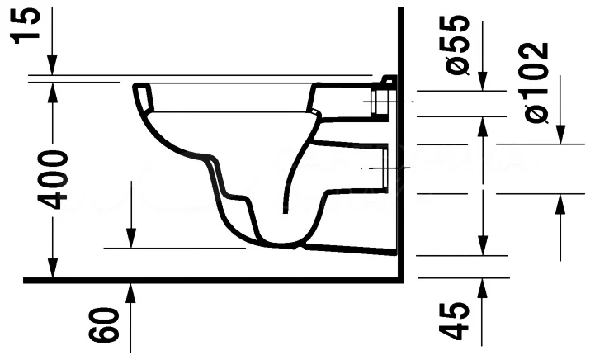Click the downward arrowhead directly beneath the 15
pos(53,66)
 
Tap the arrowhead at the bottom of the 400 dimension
pos(53,269)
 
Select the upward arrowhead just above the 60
pos(130,291)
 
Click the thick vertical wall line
pos(400,165)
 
